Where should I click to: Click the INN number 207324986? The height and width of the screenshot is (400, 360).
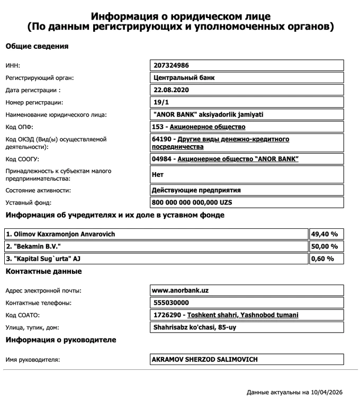point(170,66)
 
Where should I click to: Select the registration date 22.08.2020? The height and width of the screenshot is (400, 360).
point(170,90)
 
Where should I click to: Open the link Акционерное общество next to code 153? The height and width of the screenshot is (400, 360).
point(208,127)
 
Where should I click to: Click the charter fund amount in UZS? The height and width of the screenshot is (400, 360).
point(192,202)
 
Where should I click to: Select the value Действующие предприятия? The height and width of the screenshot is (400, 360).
point(196,190)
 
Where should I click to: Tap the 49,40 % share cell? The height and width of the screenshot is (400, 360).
point(325,234)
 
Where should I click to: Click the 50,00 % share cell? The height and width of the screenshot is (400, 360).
point(325,246)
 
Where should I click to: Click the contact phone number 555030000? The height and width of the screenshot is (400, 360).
point(170,303)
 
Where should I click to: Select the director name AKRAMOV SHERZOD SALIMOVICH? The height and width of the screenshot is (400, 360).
point(205,360)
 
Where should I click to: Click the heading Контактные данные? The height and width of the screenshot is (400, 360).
point(43,272)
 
